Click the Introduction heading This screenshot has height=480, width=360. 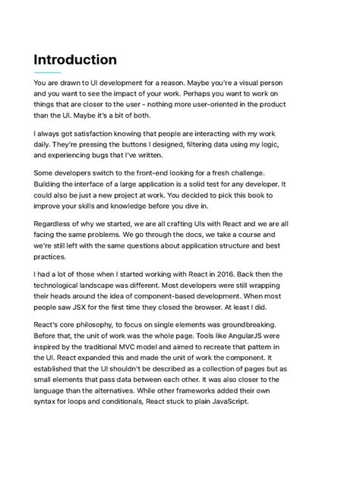click(x=75, y=59)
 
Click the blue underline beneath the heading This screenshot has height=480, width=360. click(x=47, y=73)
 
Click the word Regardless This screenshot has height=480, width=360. click(x=55, y=225)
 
